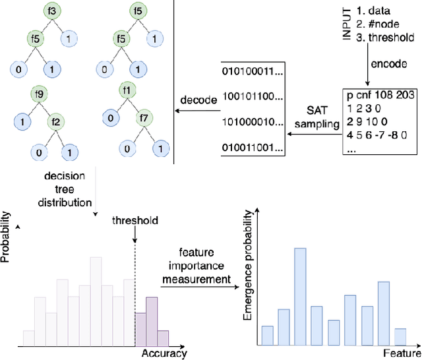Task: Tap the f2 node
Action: pyautogui.click(x=58, y=121)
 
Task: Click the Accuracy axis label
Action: pyautogui.click(x=164, y=354)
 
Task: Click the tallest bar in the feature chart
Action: pyautogui.click(x=300, y=296)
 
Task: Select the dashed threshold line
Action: pyautogui.click(x=135, y=290)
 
